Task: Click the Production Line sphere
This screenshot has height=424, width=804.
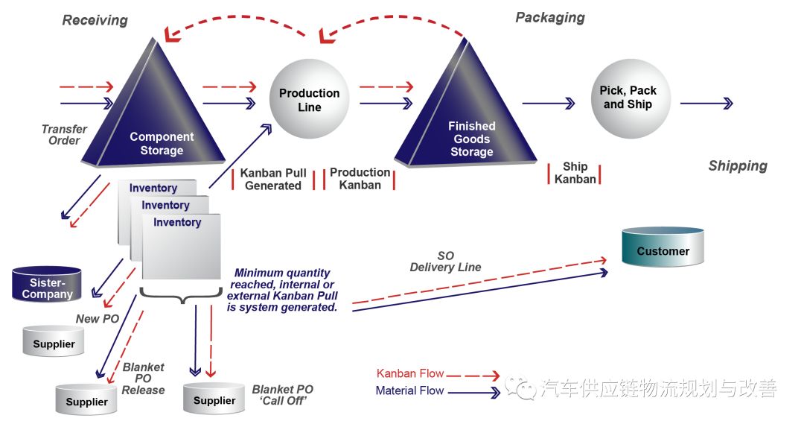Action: [309, 99]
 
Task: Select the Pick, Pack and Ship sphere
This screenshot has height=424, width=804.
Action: [628, 98]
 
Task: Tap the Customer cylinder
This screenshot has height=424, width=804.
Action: [663, 247]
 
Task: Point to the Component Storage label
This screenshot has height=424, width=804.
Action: [162, 143]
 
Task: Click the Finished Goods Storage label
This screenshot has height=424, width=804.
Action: [471, 139]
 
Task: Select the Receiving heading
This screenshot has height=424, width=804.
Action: [95, 20]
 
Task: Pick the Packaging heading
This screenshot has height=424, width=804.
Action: [550, 17]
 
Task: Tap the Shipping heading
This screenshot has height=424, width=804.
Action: [737, 165]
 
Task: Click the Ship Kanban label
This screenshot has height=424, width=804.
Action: [575, 173]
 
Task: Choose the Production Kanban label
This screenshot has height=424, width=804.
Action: [360, 178]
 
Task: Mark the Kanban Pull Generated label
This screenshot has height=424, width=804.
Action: [273, 179]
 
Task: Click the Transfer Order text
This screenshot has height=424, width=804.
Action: [64, 134]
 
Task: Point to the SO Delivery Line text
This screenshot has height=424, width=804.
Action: [445, 262]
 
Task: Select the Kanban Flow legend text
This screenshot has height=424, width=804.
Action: [409, 373]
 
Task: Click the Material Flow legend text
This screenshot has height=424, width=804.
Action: [409, 390]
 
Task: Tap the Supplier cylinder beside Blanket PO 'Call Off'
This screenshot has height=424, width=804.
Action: [214, 399]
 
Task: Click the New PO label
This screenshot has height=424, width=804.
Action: [98, 319]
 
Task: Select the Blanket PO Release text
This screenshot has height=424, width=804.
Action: [143, 379]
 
